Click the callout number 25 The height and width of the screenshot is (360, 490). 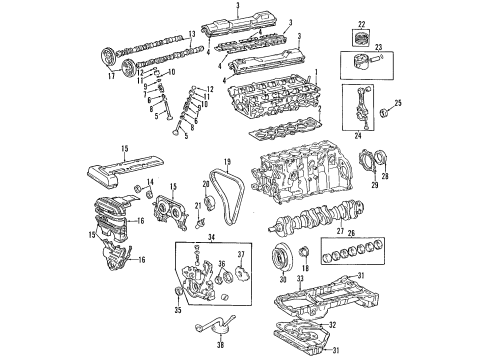[397, 103]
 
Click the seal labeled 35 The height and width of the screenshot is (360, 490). [180, 291]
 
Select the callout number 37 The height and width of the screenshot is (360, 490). [240, 254]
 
